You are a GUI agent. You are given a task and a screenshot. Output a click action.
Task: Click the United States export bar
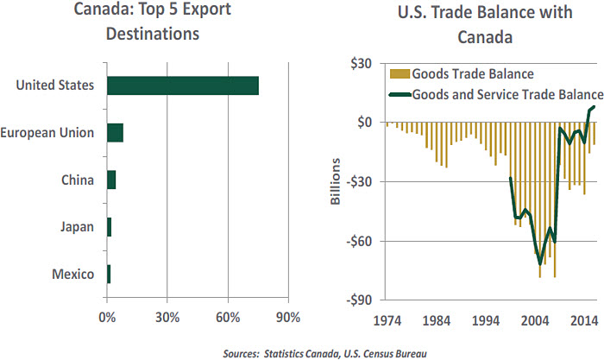click(182, 85)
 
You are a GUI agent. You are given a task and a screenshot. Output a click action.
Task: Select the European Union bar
click(115, 133)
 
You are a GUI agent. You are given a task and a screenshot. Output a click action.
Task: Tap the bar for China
click(111, 180)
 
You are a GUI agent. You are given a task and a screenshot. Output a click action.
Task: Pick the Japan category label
click(77, 227)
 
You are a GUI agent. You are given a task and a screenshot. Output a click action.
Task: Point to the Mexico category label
click(73, 275)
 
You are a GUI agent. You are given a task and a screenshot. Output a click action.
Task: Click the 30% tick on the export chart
click(167, 316)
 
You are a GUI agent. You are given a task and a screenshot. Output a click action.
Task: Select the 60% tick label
click(229, 316)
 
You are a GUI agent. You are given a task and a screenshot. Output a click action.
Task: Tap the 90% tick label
click(289, 316)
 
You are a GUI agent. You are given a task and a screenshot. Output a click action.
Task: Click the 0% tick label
click(107, 316)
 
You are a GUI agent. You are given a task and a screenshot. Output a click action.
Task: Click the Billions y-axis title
click(337, 182)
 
